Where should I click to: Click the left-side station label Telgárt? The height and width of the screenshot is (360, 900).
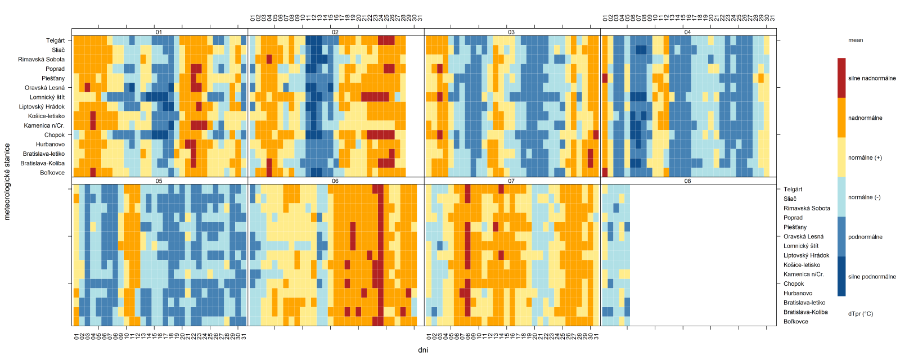click(x=55, y=40)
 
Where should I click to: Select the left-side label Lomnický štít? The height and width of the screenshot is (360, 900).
click(x=47, y=97)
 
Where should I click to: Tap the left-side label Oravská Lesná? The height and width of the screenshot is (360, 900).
click(x=44, y=88)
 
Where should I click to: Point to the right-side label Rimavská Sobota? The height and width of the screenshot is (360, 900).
click(x=807, y=208)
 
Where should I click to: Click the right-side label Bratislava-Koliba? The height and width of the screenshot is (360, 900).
click(x=805, y=312)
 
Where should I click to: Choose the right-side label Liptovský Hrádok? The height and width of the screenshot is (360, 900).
click(x=806, y=255)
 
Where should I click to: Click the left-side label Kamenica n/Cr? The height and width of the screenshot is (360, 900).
click(x=44, y=125)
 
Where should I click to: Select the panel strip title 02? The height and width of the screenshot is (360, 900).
click(x=335, y=32)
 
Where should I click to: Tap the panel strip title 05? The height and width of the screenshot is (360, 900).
click(x=159, y=181)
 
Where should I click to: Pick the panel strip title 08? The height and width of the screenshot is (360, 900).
click(x=687, y=181)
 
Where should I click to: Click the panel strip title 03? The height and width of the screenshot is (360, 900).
click(x=511, y=32)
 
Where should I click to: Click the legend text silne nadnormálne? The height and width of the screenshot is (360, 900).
click(x=872, y=78)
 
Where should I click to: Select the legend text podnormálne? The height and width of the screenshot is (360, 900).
click(x=865, y=237)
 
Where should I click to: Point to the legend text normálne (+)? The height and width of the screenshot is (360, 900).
click(x=865, y=157)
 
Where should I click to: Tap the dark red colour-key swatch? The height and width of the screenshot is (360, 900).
click(x=841, y=78)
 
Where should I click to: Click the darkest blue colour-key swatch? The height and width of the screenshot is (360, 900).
click(x=841, y=276)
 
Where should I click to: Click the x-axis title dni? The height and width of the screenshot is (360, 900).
click(x=424, y=350)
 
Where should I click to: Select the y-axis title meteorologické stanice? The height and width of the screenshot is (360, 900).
click(x=7, y=181)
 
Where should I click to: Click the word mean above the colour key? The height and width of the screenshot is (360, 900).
click(x=856, y=40)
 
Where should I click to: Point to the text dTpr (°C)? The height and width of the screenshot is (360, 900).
click(x=861, y=314)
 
